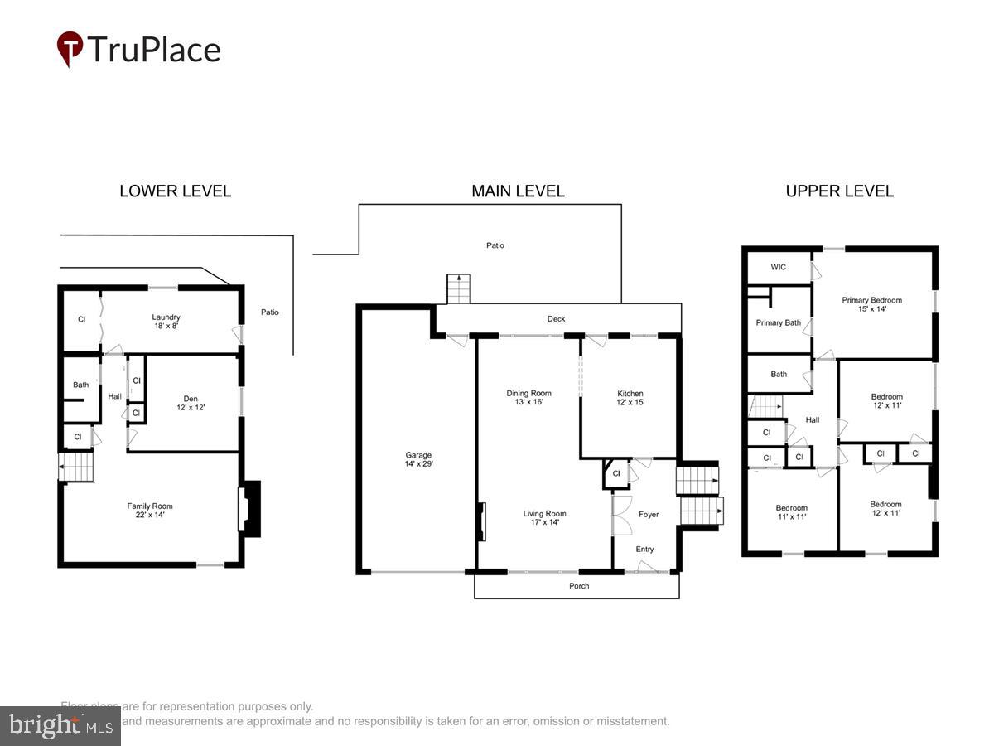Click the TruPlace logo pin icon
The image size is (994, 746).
click(70, 48)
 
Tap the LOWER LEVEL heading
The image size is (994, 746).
click(175, 191)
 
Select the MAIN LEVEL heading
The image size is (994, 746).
click(518, 191)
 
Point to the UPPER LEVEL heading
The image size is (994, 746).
click(839, 191)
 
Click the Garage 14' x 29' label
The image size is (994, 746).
click(418, 459)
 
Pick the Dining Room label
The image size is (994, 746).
click(528, 398)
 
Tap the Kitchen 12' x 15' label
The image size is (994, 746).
click(630, 398)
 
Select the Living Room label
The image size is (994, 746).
click(544, 518)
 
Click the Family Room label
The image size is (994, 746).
click(150, 511)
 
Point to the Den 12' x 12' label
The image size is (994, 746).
click(191, 404)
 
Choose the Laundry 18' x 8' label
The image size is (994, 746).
click(166, 322)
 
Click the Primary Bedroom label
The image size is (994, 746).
click(871, 304)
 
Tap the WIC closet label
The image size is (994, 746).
click(778, 267)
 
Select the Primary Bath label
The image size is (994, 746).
click(778, 322)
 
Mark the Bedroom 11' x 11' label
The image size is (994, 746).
click(791, 512)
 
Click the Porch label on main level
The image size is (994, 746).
click(579, 586)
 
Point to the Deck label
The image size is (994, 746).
click(556, 318)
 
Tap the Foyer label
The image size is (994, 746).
click(649, 514)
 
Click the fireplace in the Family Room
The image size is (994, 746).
click(248, 510)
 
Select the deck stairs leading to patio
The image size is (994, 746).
click(458, 289)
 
